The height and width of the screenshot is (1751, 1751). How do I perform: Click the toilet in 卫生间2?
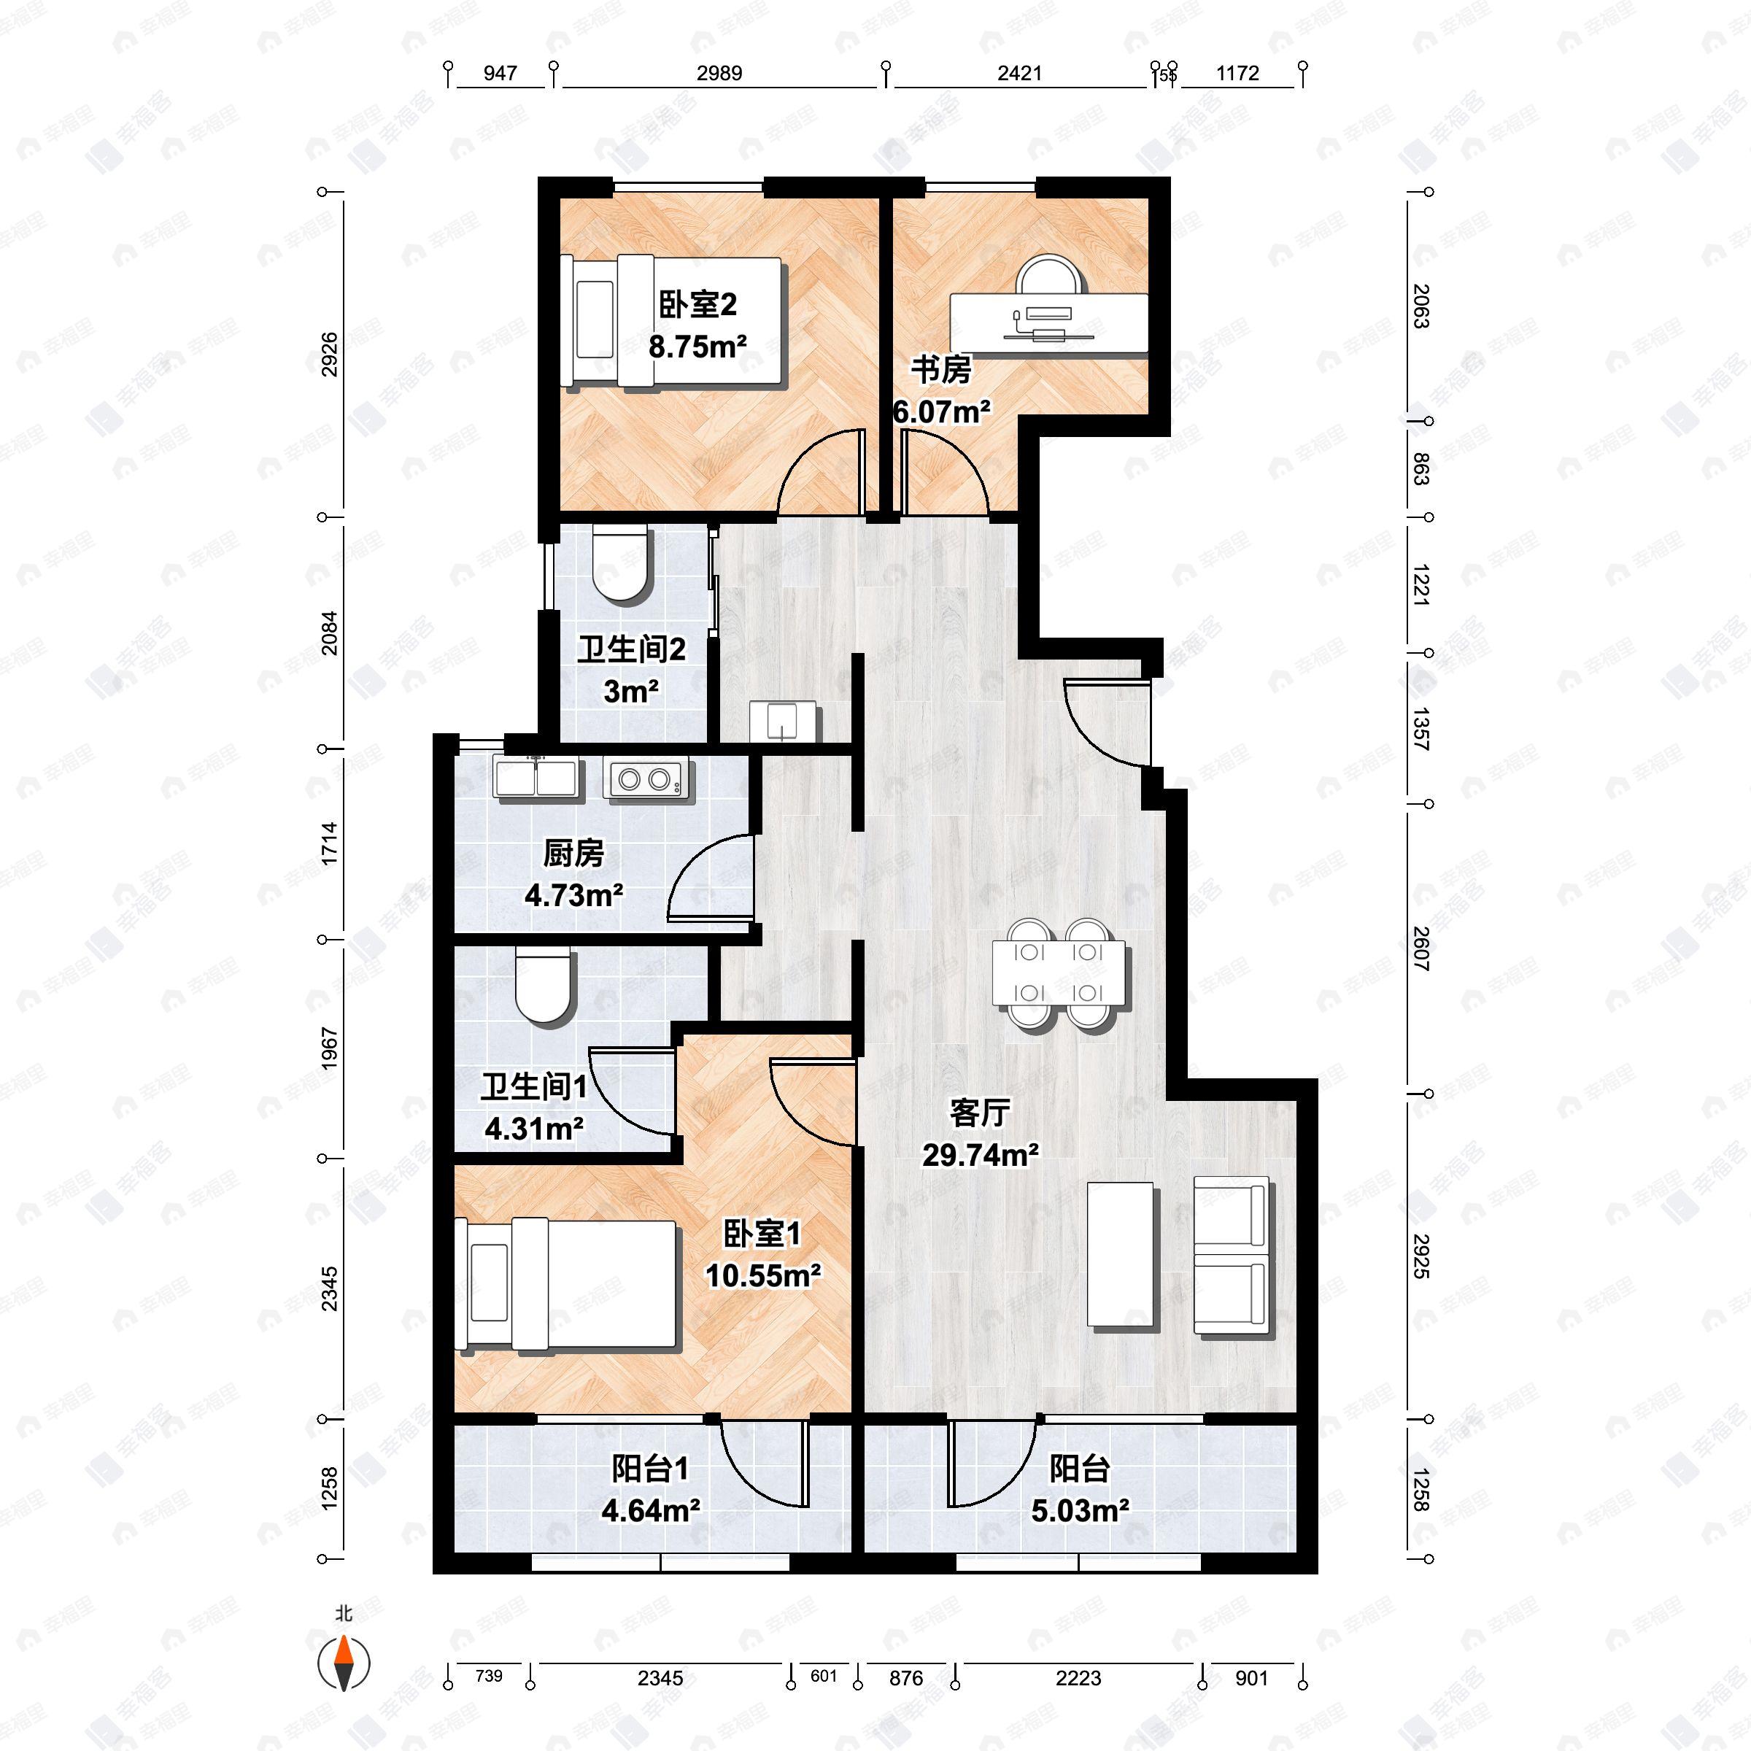(622, 565)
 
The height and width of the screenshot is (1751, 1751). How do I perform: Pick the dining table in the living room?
(1059, 974)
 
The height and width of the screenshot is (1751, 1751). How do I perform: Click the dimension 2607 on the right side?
(1420, 949)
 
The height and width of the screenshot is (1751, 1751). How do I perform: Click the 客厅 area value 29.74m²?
(980, 1155)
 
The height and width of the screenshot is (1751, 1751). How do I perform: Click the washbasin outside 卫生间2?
(782, 722)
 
